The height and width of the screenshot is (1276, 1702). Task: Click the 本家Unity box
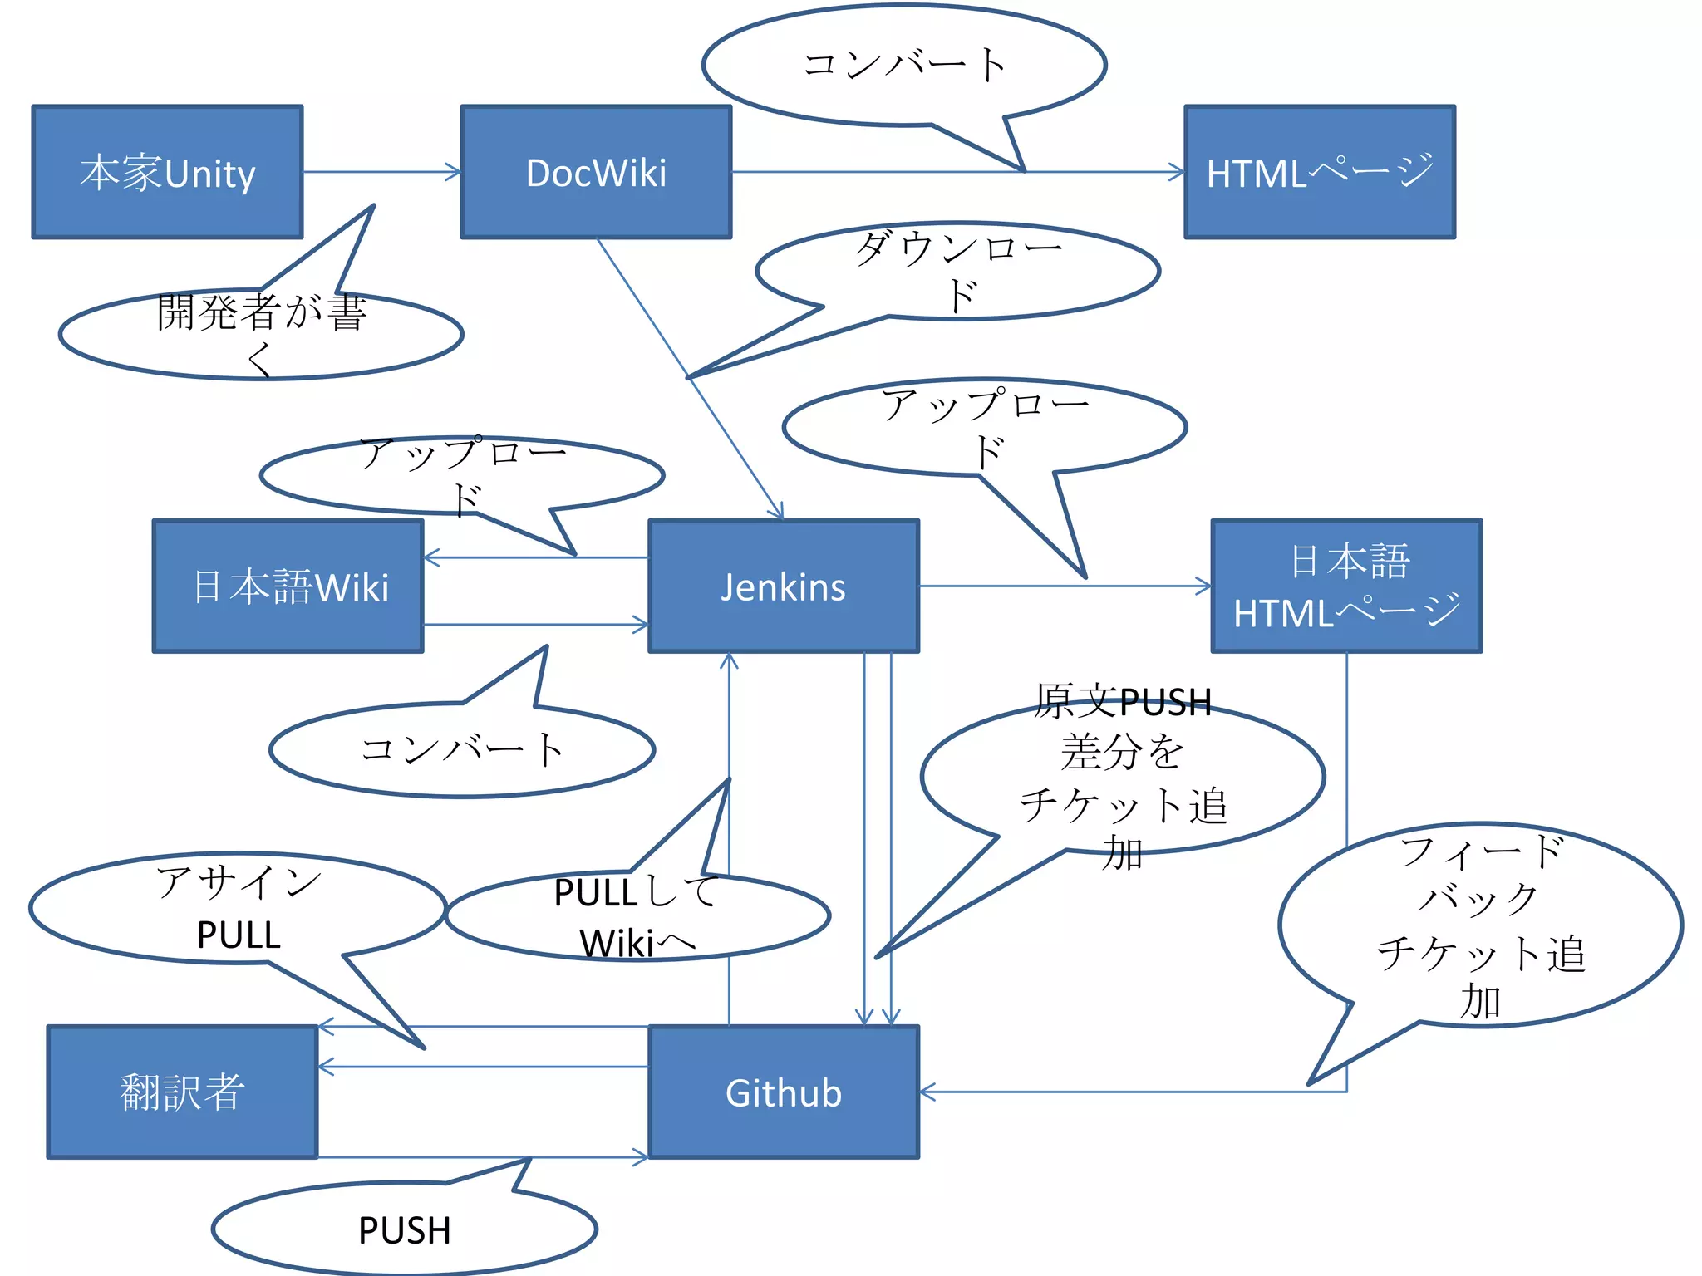pos(167,172)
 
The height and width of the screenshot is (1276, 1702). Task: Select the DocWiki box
pos(596,172)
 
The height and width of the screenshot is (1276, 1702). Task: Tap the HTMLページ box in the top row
pos(1319,172)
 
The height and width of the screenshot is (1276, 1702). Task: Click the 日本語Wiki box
pos(288,586)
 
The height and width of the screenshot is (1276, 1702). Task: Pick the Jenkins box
pos(783,586)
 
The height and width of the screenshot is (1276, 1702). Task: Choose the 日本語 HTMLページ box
pos(1346,586)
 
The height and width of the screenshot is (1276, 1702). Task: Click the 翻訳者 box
pos(182,1092)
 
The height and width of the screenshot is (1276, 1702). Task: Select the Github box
pos(783,1092)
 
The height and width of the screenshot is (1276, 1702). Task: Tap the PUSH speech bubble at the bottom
pos(405,1229)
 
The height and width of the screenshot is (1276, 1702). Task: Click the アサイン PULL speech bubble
pos(238,908)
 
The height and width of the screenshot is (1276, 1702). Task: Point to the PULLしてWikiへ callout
pos(637,917)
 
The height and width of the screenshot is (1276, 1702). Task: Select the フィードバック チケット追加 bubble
pos(1479,926)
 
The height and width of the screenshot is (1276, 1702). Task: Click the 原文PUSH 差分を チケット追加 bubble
pos(1122,777)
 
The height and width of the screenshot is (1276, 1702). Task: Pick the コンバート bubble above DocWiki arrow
pos(904,65)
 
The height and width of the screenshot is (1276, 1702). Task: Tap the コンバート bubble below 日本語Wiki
pos(462,749)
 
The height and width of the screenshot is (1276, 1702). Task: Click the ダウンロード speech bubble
pos(957,271)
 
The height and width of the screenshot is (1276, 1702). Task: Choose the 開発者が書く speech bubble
pos(261,334)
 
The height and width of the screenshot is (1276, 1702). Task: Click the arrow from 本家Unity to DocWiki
pos(381,172)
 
